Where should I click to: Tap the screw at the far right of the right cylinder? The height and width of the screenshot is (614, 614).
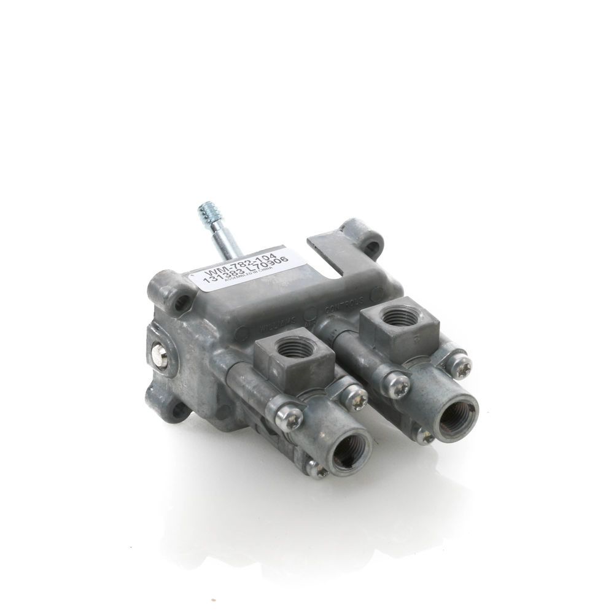(459, 367)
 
